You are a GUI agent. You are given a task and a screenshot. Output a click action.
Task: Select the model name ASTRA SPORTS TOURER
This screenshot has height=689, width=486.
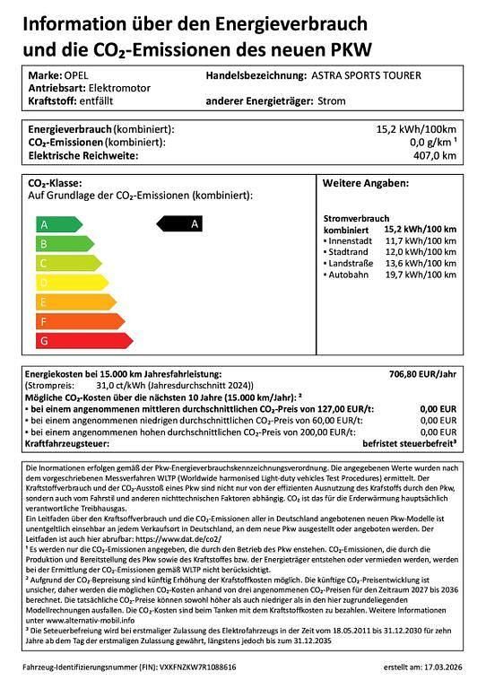365,76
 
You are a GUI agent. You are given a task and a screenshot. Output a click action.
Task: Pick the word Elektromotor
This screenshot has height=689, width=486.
118,89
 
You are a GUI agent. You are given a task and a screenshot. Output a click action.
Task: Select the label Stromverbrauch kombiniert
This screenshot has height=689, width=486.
356,223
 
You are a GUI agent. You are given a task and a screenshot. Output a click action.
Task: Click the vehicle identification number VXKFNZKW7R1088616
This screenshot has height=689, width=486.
194,668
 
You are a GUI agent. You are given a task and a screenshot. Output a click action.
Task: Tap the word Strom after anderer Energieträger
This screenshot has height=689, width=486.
333,101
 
